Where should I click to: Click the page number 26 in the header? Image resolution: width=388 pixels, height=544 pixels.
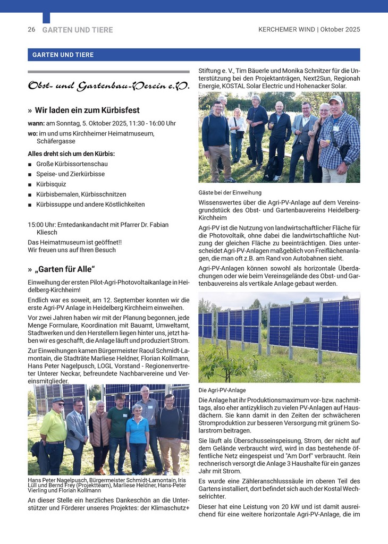[x=31, y=30]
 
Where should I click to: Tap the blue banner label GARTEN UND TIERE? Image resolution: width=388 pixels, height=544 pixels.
[x=63, y=55]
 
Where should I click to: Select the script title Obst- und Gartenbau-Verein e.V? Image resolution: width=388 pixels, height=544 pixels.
[x=108, y=86]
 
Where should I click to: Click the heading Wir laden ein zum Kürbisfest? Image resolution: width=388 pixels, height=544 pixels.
[x=87, y=110]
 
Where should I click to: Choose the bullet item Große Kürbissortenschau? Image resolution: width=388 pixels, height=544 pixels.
[x=72, y=164]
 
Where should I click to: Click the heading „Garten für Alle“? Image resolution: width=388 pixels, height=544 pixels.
[x=64, y=269]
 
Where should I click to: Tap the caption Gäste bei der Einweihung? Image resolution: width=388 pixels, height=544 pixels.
[x=230, y=193]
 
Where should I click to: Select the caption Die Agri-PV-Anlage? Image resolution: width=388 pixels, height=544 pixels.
[x=222, y=390]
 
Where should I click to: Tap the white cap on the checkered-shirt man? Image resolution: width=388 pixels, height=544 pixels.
[x=335, y=99]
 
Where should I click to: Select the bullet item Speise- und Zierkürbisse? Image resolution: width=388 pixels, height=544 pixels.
[x=70, y=174]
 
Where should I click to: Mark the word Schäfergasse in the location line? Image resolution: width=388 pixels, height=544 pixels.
[x=57, y=141]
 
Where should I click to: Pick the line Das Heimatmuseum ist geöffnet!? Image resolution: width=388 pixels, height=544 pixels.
[x=75, y=242]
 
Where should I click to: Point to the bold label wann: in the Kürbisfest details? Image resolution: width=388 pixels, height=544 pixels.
[x=36, y=123]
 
